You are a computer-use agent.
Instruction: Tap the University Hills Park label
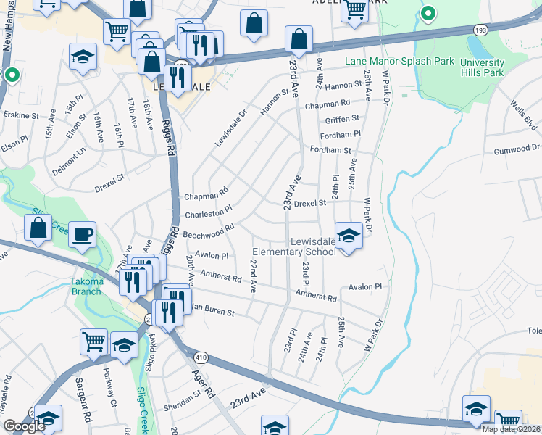click(x=482, y=67)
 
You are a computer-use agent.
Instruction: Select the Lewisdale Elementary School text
click(x=293, y=246)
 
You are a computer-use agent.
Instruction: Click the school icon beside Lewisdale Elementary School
click(x=349, y=236)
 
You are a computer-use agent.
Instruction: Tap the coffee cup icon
click(x=82, y=234)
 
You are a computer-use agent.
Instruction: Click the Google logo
click(x=24, y=426)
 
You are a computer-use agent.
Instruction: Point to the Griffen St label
click(x=342, y=119)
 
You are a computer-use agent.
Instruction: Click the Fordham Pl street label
click(x=343, y=135)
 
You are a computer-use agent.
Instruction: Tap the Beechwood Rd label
click(x=208, y=231)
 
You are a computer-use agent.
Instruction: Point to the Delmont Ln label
click(x=68, y=162)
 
